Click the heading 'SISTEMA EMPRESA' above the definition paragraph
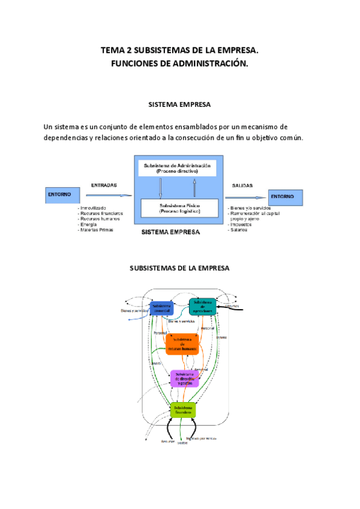[179, 104]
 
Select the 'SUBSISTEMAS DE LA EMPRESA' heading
[179, 268]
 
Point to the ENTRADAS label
[104, 185]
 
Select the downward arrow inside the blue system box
[161, 188]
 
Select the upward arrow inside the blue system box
[195, 188]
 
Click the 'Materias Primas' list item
[96, 230]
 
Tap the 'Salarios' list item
[238, 230]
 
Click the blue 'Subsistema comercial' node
[161, 308]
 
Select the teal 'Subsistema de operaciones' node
[202, 306]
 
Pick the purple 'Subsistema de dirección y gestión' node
[184, 379]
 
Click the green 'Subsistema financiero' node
[183, 410]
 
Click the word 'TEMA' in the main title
[112, 52]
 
